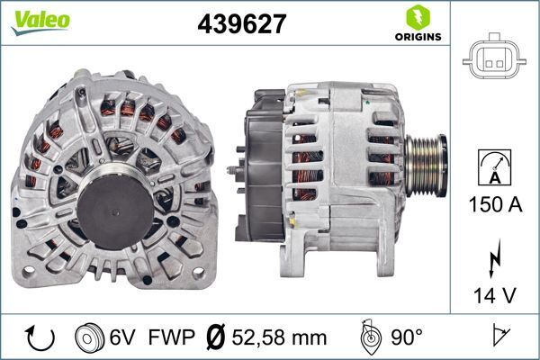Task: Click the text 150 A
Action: pos(495,205)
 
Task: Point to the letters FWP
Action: pos(172,338)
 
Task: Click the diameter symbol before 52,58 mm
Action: pos(214,338)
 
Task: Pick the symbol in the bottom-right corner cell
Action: pos(496,338)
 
